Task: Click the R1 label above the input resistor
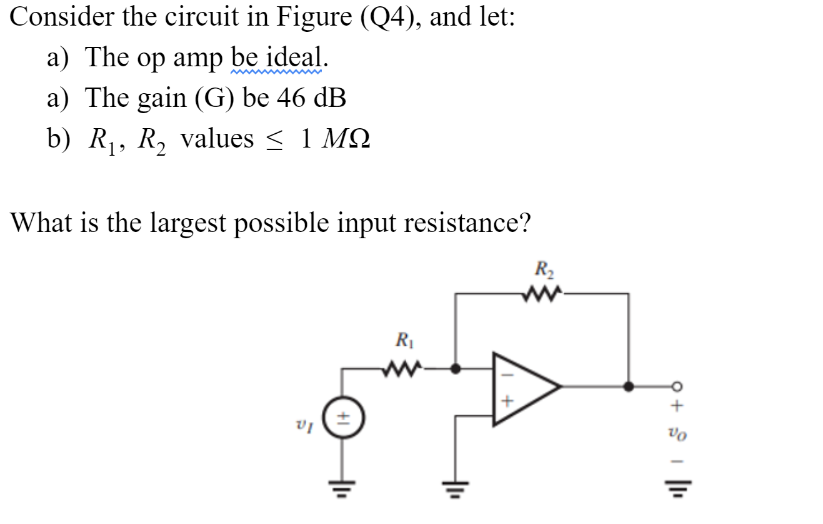(403, 341)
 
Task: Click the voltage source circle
(342, 419)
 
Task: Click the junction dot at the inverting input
(456, 368)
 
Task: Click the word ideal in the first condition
(296, 58)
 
